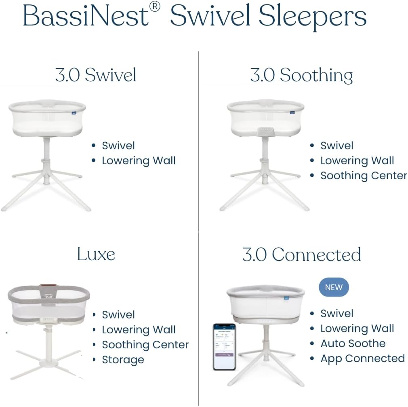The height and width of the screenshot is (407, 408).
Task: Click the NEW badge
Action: point(334,287)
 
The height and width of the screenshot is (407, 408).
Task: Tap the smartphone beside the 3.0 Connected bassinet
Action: point(224,346)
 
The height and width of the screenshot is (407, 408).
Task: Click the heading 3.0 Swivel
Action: point(96,75)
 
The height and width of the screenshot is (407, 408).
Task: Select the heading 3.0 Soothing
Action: point(301,75)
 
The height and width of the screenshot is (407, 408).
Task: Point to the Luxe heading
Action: point(96,254)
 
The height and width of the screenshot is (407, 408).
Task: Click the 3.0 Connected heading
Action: point(301,254)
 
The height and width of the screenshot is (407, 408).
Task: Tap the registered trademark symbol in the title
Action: point(155,7)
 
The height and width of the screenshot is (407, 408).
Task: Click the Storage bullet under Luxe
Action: point(123,360)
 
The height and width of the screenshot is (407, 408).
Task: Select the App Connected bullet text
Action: point(362,358)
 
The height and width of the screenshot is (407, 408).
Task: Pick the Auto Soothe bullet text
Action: point(353,343)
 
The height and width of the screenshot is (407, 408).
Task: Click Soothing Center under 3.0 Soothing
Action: point(364,176)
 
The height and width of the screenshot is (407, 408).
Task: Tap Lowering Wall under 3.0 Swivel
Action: point(139,161)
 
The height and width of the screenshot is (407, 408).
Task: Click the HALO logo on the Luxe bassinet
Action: point(48,295)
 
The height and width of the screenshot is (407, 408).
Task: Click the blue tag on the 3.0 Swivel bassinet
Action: point(76,114)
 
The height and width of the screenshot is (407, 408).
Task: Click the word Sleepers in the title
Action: point(312,16)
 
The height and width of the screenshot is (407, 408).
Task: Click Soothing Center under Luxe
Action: point(145,345)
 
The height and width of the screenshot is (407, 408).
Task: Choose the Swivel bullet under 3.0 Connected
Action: point(337,314)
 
